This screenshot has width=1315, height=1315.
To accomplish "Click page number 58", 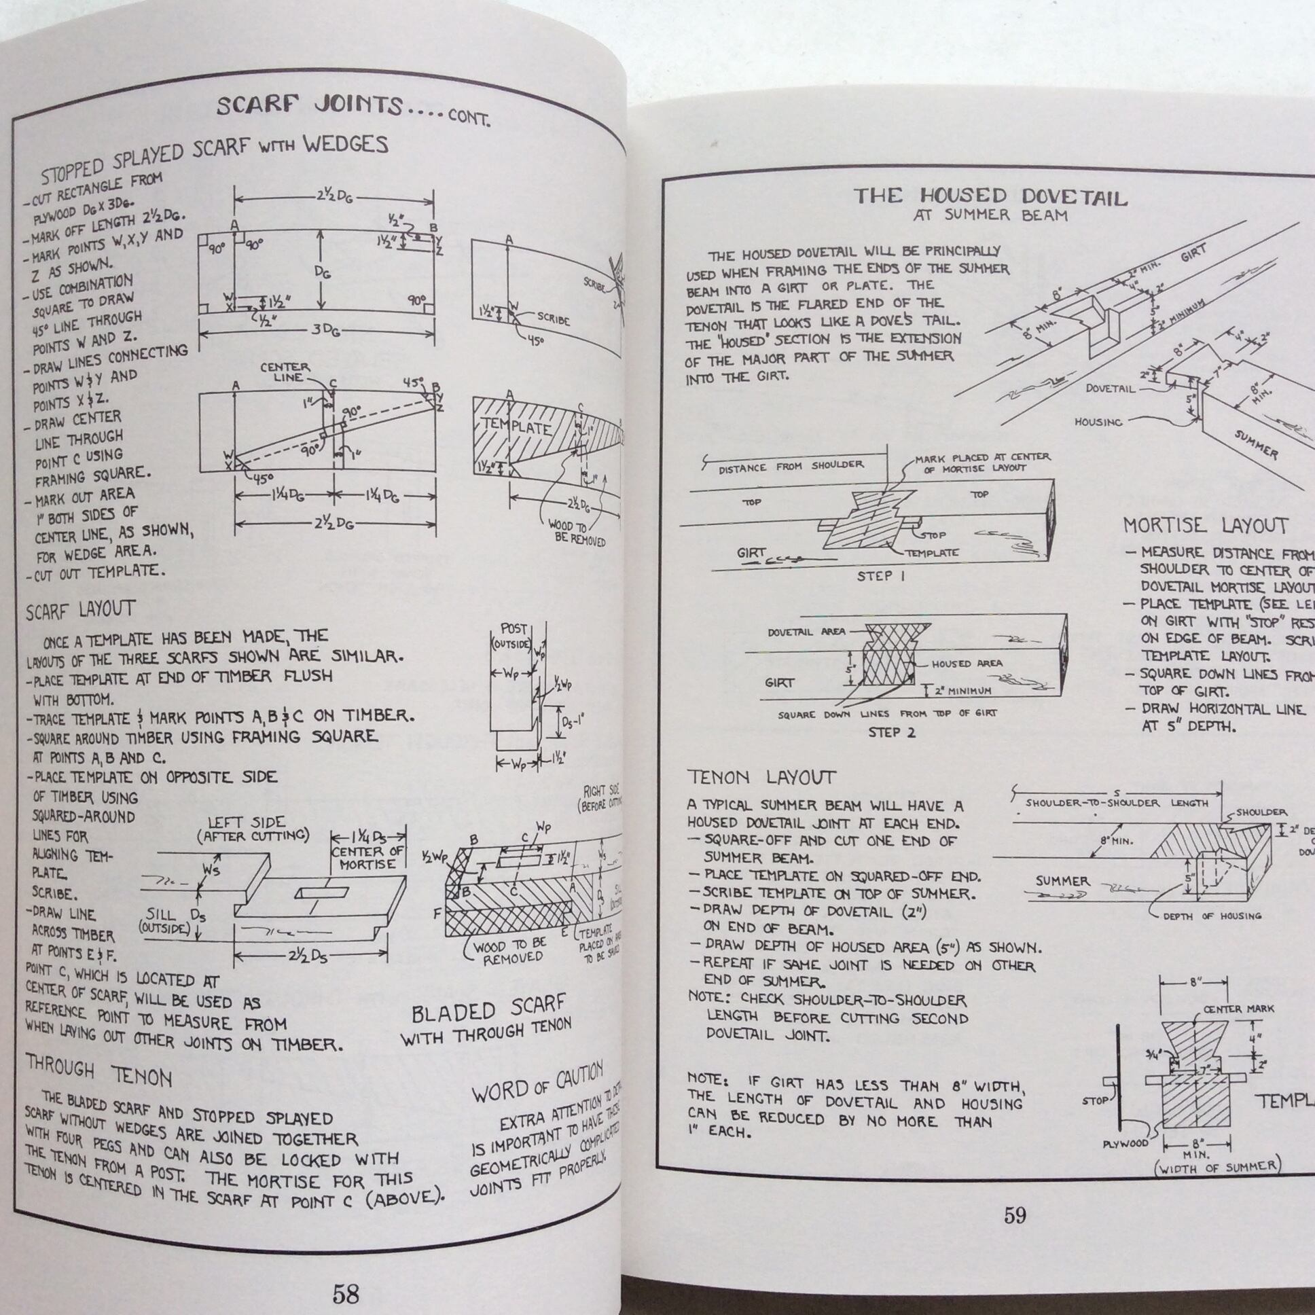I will click(x=345, y=1274).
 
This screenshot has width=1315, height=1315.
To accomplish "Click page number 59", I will click(x=1015, y=1215).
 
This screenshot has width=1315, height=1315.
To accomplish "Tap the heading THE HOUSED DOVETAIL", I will click(x=990, y=197).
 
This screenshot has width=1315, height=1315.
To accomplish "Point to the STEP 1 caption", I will click(x=881, y=576).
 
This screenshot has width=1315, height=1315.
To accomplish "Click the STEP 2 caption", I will click(x=892, y=732).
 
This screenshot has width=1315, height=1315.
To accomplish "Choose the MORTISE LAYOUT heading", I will click(x=1206, y=526).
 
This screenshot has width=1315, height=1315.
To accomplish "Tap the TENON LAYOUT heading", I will click(x=761, y=777).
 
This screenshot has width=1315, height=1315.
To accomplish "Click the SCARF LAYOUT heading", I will click(x=80, y=610).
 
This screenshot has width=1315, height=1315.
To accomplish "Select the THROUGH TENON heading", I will click(x=98, y=1072).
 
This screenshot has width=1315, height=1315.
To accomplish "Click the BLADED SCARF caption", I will click(x=488, y=1011).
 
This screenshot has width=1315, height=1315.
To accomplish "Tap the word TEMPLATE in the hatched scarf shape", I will click(x=516, y=427).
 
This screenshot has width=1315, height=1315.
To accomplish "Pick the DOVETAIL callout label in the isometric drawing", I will click(x=1110, y=389).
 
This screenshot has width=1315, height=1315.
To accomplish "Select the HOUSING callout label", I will click(x=1098, y=422).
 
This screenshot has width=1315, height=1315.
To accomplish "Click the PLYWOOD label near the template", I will click(x=1125, y=1143).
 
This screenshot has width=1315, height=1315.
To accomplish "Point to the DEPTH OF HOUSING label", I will click(x=1212, y=916).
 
